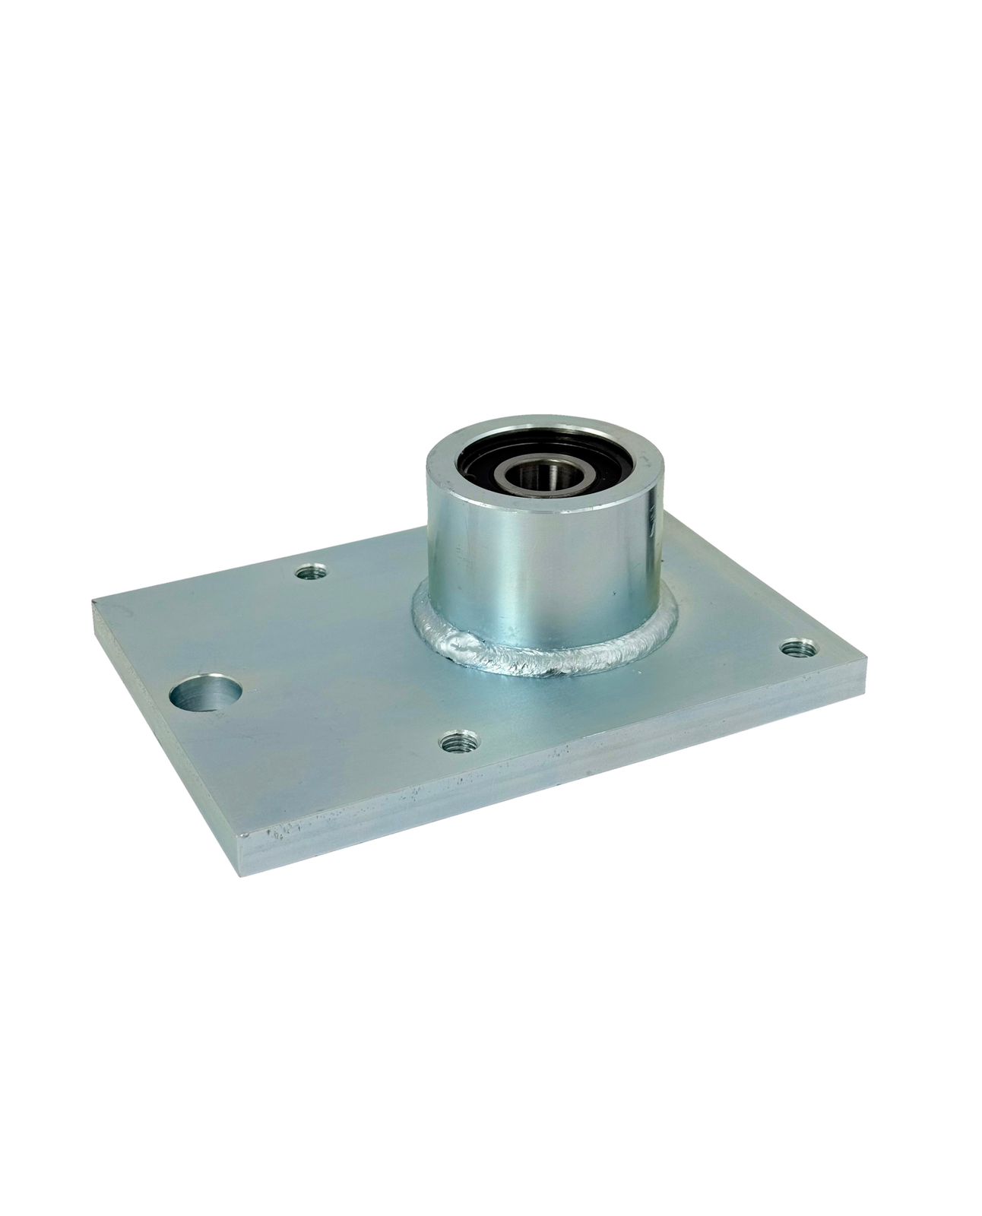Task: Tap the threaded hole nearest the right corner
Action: [x=798, y=648]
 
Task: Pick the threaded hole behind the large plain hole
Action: [x=310, y=572]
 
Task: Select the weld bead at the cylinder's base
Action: [x=578, y=665]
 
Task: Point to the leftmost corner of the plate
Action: [x=94, y=602]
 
